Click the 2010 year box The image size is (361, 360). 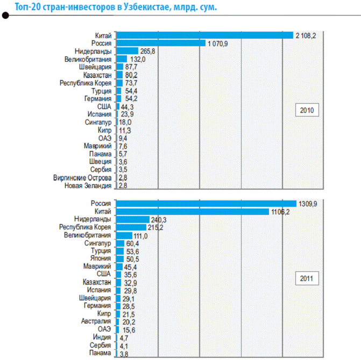[x=307, y=111]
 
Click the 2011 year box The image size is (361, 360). [x=307, y=279]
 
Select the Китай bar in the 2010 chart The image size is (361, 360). [x=204, y=35]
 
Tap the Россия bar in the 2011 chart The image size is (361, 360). [x=206, y=203]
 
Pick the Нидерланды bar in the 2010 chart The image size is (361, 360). [x=127, y=51]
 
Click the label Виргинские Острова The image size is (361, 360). [x=82, y=177]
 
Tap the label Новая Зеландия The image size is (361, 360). [x=88, y=185]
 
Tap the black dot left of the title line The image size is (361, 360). [x=5, y=16]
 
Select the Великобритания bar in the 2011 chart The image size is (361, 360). [x=124, y=235]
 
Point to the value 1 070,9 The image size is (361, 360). [x=218, y=43]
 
